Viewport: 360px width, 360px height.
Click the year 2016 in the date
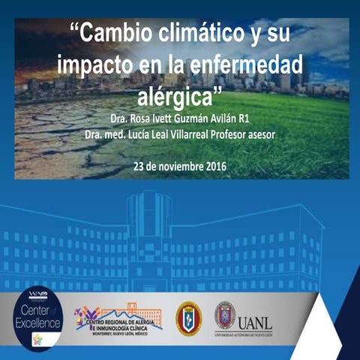[x=213, y=165]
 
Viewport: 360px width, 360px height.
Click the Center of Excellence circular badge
[x=37, y=320]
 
